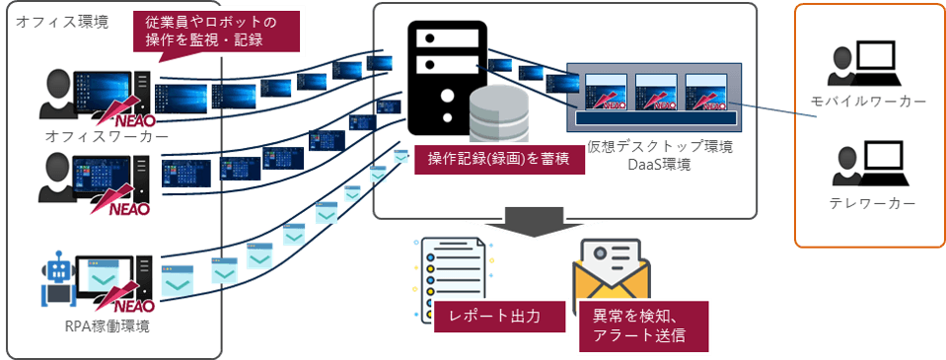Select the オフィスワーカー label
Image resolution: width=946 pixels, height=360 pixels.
(93, 135)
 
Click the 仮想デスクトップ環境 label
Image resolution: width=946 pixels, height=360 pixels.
(659, 147)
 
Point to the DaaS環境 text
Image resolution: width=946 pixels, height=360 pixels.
(659, 165)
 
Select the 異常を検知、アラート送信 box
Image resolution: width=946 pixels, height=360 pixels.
(644, 325)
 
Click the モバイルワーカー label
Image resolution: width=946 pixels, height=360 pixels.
(868, 103)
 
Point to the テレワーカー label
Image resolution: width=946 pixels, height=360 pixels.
(868, 203)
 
